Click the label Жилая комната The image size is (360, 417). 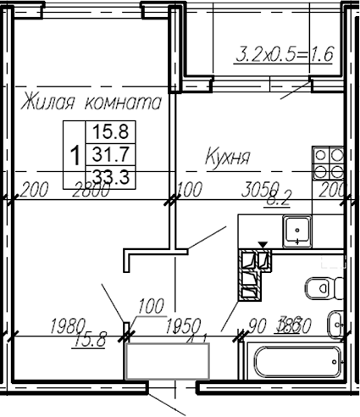91,103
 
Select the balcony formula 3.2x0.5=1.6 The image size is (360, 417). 283,57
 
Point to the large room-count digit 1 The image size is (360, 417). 76,155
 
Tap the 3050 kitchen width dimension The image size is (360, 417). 258,190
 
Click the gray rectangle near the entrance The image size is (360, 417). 167,361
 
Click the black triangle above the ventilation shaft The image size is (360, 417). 263,245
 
